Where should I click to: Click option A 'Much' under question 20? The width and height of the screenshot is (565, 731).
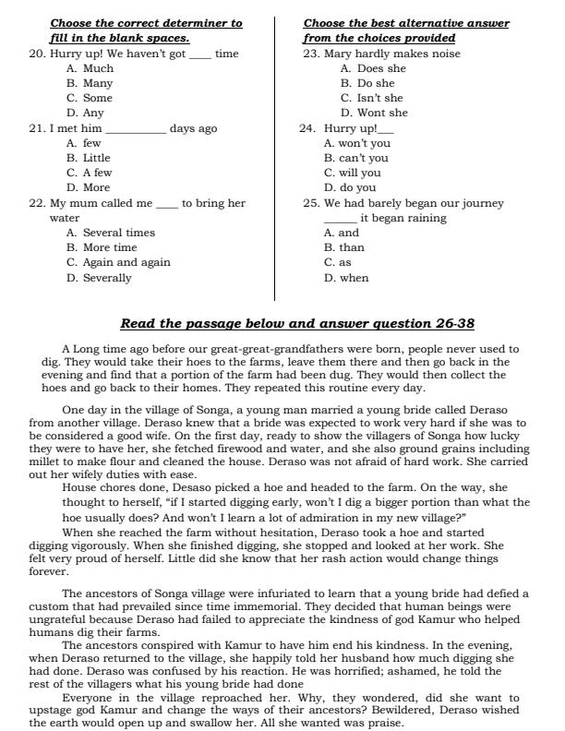98,68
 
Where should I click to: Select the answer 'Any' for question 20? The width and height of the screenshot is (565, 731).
92,113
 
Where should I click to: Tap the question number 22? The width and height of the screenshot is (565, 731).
37,203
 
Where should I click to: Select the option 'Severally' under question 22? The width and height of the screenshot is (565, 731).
106,278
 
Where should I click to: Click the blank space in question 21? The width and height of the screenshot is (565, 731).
136,129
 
